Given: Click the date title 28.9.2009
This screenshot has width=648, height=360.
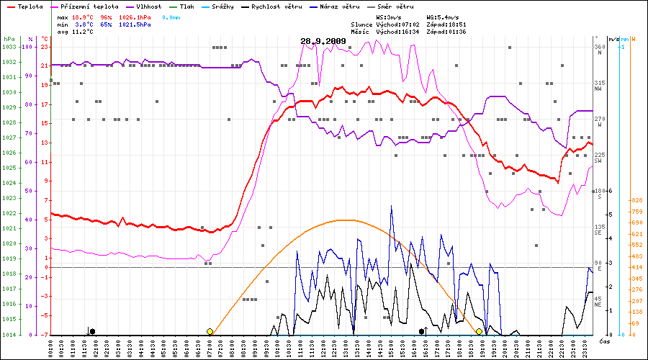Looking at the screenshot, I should coord(323,41).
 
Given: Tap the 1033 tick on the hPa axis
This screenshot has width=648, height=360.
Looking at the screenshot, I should coord(9,47).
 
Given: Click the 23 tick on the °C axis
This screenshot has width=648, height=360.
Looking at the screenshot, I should coord(45,47).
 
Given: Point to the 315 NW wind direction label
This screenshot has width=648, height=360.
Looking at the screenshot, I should coord(598,86).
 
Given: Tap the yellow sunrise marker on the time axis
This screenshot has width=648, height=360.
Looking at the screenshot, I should coord(210,331).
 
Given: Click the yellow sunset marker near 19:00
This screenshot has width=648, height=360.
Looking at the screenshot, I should coord(479,331).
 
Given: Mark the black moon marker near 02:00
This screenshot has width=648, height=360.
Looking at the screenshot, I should coord(92,331).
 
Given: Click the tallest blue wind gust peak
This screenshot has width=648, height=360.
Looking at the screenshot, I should coord(391,206).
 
